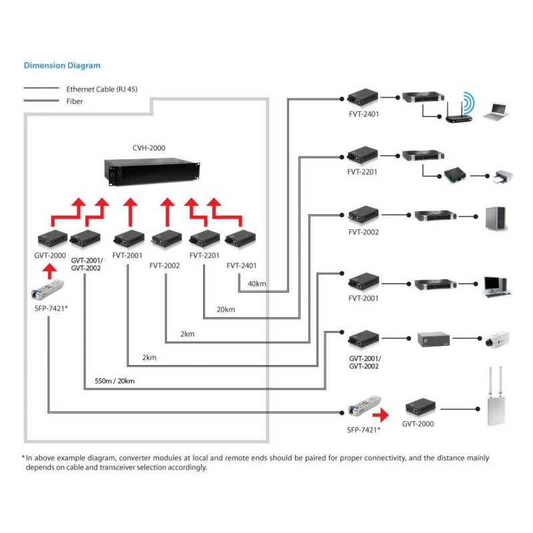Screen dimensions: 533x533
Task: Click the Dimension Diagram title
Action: [62, 65]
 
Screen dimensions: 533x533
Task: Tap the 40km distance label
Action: [257, 284]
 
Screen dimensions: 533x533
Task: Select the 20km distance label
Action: [226, 309]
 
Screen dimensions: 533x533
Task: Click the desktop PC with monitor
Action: [496, 284]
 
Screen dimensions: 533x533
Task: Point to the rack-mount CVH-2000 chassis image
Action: [153, 171]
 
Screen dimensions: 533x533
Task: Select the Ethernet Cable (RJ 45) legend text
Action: [102, 88]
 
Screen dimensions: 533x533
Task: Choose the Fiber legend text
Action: [75, 101]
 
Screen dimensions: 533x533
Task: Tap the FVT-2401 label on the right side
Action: [363, 115]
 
